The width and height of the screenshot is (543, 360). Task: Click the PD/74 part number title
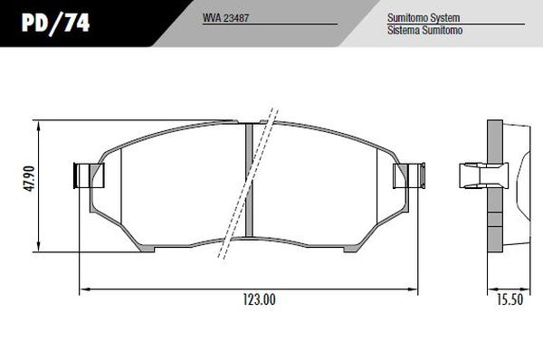56,24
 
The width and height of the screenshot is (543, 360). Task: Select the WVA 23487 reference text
225,18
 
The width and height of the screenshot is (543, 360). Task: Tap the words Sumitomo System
424,18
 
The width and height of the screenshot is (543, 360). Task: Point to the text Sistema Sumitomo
424,30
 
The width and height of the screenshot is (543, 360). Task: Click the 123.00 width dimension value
259,299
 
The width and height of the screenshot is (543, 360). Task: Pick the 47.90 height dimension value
29,178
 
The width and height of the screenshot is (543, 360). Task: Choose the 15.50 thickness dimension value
510,299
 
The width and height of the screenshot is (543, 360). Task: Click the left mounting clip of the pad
89,175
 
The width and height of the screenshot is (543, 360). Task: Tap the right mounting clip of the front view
409,175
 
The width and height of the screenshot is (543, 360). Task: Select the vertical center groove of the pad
249,180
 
